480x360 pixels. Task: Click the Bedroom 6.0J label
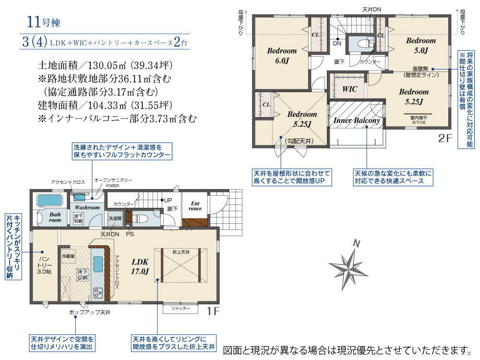pyautogui.click(x=282, y=56)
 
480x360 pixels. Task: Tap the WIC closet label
pyautogui.click(x=349, y=89)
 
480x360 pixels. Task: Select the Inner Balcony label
pyautogui.click(x=357, y=120)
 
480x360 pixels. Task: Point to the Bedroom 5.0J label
pyautogui.click(x=421, y=45)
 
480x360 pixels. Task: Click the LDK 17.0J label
pyautogui.click(x=140, y=266)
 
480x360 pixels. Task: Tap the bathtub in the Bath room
pyautogui.click(x=49, y=201)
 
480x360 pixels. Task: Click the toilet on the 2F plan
pyautogui.click(x=361, y=43)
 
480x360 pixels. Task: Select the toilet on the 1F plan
pyautogui.click(x=141, y=218)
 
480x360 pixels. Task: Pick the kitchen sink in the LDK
pyautogui.click(x=98, y=264)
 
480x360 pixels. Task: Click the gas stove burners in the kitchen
pyautogui.click(x=98, y=293)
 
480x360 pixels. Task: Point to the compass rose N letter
pyautogui.click(x=356, y=244)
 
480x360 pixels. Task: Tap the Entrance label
pyautogui.click(x=195, y=206)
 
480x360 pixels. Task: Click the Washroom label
pyautogui.click(x=87, y=207)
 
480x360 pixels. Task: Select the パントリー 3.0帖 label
pyautogui.click(x=44, y=265)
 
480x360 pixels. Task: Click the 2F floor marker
pyautogui.click(x=445, y=138)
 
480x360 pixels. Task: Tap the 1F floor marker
pyautogui.click(x=213, y=311)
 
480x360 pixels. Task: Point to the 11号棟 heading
pyautogui.click(x=44, y=22)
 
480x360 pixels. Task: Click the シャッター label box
pyautogui.click(x=181, y=309)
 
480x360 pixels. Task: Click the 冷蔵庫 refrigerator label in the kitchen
pyautogui.click(x=68, y=256)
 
